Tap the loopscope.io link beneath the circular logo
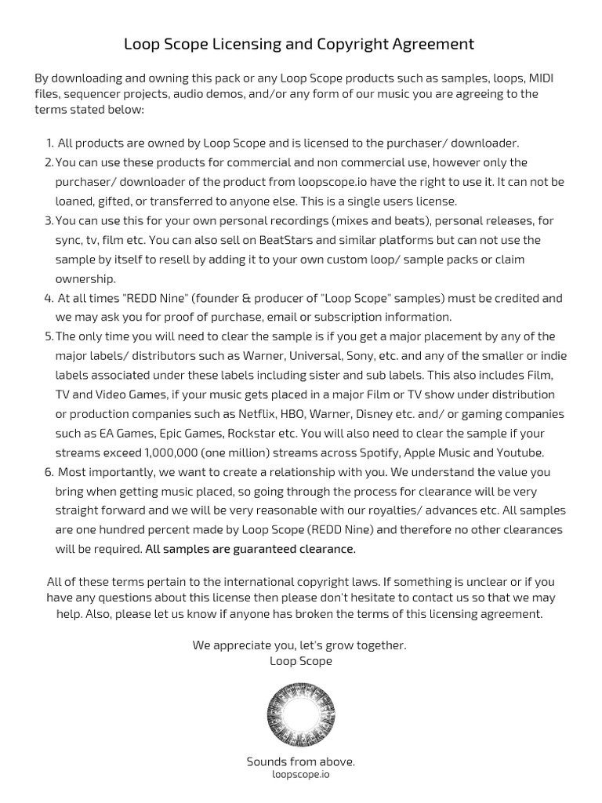(300, 774)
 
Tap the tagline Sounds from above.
(300, 761)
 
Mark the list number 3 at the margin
(48, 221)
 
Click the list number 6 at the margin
(48, 472)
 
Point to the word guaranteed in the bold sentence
(256, 549)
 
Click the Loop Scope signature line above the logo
(300, 661)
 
